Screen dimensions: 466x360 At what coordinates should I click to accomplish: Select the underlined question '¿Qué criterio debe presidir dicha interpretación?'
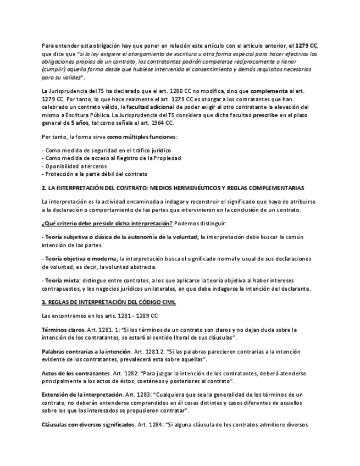click(107, 223)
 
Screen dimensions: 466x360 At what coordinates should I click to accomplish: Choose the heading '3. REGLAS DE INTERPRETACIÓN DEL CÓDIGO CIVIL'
click(109, 302)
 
